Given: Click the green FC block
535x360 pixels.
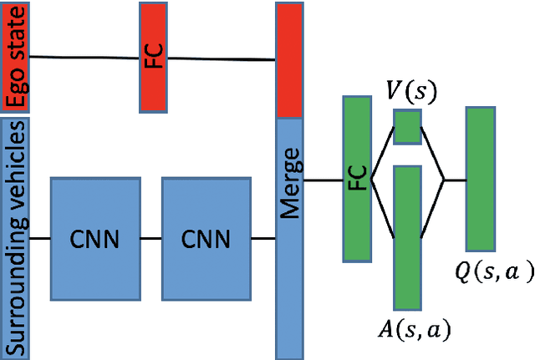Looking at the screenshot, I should coord(356,178).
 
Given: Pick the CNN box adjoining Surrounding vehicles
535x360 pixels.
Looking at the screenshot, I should coord(94,239).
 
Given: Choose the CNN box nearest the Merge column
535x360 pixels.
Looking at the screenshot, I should coord(205,239).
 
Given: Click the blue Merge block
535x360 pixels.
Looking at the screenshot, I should coord(288,238).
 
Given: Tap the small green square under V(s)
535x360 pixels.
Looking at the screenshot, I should coord(407,127).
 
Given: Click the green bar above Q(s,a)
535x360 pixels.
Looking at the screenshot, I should coord(479,178).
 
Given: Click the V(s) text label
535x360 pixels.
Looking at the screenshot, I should coord(407,89).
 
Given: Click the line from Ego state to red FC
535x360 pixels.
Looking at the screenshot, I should coord(84,57).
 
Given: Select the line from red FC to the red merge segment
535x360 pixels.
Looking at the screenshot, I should coord(222,59).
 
